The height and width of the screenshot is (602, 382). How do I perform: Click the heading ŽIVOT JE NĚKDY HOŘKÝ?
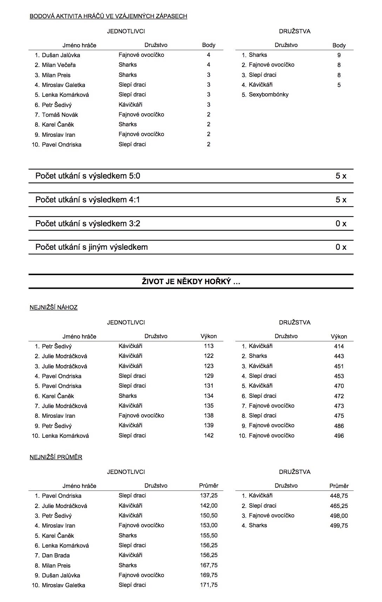191,281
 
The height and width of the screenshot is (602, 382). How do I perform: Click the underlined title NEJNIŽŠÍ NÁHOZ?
54,307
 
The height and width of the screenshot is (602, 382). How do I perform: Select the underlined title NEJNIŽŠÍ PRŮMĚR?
56,457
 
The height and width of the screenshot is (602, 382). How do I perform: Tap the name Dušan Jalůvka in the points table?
61,55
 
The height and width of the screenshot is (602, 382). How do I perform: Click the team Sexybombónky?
268,94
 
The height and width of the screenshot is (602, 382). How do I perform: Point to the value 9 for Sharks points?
339,55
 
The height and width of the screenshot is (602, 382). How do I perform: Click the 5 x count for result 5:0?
341,176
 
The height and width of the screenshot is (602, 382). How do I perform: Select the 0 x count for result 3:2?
341,223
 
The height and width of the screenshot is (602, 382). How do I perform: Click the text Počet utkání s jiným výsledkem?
92,247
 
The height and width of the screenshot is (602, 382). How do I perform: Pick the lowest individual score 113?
209,346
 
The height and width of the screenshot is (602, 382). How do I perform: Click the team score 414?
339,346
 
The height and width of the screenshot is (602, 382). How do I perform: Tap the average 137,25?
209,495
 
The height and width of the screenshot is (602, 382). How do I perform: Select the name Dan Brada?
56,555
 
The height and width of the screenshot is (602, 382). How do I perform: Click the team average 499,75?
339,526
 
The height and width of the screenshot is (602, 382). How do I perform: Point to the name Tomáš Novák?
60,115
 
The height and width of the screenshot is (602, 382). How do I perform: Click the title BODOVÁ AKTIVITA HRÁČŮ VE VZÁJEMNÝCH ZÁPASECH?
108,16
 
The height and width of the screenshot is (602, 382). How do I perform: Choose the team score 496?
339,436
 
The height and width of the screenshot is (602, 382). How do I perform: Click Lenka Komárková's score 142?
209,435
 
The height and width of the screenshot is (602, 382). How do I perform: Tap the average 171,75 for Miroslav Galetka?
209,585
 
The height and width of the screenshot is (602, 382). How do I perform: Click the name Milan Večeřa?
59,65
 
